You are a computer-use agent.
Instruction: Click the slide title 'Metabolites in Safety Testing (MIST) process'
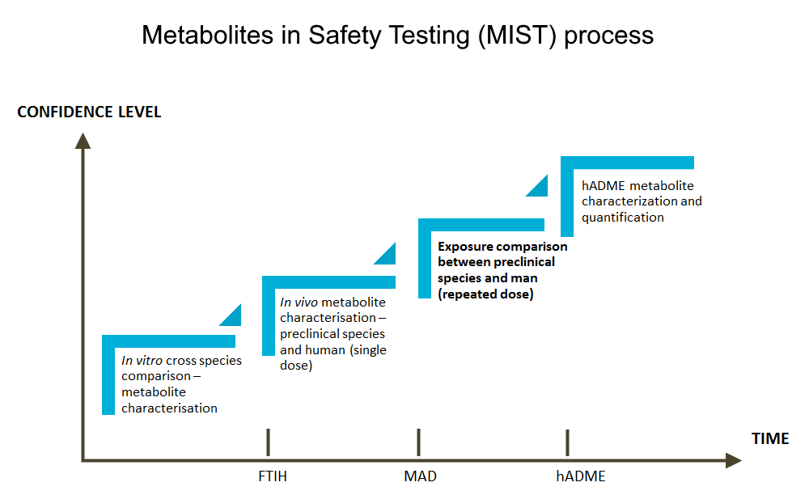pyautogui.click(x=397, y=35)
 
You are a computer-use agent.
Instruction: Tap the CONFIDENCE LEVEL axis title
pyautogui.click(x=89, y=112)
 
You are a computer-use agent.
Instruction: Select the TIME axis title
pyautogui.click(x=769, y=439)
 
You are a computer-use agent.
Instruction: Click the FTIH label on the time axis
pyautogui.click(x=267, y=476)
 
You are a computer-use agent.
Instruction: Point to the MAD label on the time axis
pyautogui.click(x=420, y=476)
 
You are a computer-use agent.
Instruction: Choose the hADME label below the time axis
pyautogui.click(x=580, y=476)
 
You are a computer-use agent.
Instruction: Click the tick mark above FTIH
pyautogui.click(x=268, y=442)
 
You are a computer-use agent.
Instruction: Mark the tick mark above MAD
pyautogui.click(x=418, y=442)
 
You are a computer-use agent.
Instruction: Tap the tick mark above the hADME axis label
pyautogui.click(x=567, y=442)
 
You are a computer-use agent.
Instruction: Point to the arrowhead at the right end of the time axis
pyautogui.click(x=733, y=460)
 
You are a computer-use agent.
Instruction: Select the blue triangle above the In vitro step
pyautogui.click(x=233, y=317)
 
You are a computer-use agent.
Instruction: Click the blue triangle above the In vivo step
pyautogui.click(x=388, y=256)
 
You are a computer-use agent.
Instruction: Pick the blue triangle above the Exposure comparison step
pyautogui.click(x=540, y=187)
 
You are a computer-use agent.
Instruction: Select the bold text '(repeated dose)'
pyautogui.click(x=485, y=294)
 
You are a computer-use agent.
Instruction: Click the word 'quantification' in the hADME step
pyautogui.click(x=622, y=217)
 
